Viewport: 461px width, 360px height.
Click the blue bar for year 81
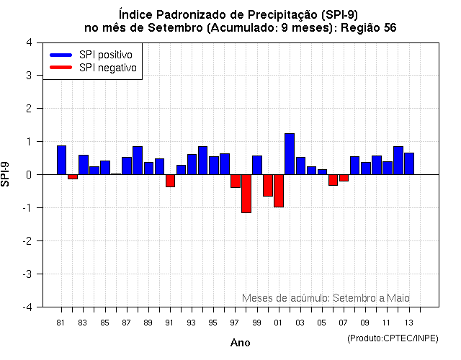coord(61,160)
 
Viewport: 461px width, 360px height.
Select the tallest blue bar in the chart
coord(289,154)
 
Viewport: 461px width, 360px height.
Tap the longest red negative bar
coord(246,194)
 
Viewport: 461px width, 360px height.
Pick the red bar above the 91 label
coord(170,181)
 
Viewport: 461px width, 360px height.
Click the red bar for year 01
coord(278,191)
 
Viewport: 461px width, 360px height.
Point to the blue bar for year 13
coord(408,163)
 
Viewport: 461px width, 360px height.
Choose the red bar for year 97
coord(235,181)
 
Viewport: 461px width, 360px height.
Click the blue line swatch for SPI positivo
coord(61,55)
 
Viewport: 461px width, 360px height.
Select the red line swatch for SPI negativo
coord(61,67)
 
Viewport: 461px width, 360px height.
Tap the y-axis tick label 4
coord(28,42)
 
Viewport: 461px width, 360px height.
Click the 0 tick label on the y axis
coord(28,174)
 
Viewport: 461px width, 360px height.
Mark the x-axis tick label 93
coord(191,322)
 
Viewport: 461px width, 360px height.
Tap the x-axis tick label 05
coord(321,322)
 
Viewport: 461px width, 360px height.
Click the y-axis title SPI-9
coord(6,174)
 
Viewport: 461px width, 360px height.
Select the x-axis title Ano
coord(240,343)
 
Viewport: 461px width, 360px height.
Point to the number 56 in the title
coord(389,27)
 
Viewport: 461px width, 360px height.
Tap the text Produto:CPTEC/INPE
coord(393,338)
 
